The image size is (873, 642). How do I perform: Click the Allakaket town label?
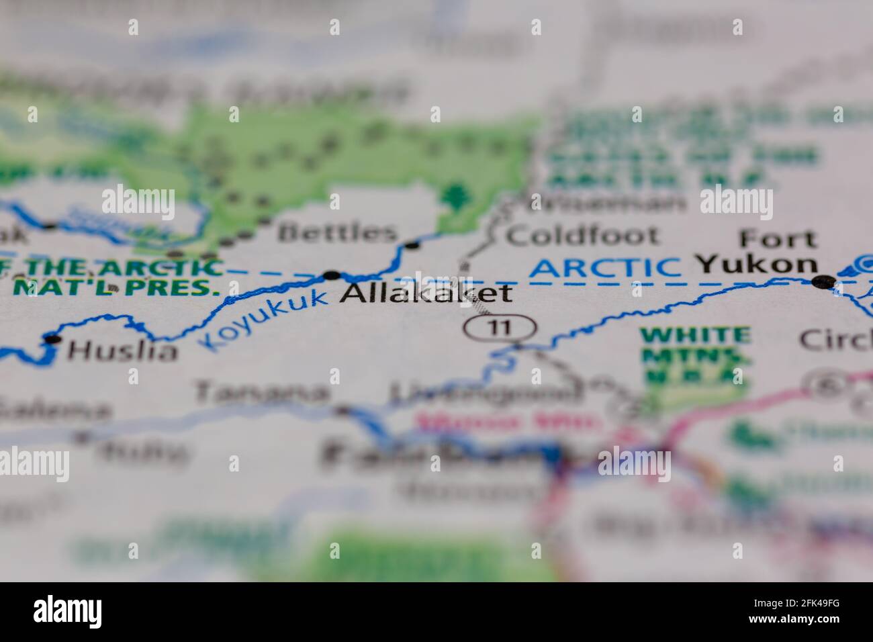pos(426,294)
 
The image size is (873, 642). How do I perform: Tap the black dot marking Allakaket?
pos(332,275)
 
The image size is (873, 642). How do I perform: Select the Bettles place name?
pos(338,233)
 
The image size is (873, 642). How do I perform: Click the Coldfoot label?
pos(582,236)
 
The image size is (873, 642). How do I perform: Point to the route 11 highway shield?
pos(500,328)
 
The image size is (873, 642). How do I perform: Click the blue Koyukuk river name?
pos(265,319)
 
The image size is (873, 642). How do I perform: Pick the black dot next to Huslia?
pos(52,339)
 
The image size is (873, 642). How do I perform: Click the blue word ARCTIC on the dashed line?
pos(605,268)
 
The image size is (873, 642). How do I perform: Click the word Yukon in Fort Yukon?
pos(757,265)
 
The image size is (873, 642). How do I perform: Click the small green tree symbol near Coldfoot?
pos(457,195)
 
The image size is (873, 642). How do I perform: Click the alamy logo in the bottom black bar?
pos(68,612)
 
